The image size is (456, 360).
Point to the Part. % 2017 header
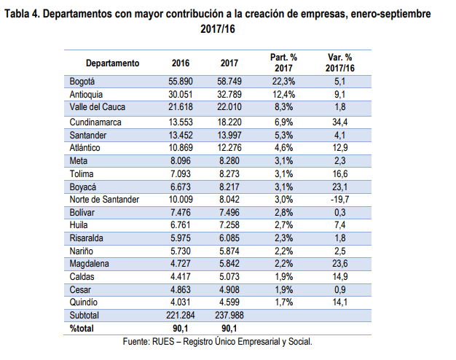[283, 63]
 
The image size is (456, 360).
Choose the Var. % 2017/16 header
[339, 63]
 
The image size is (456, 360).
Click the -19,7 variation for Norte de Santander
[339, 198]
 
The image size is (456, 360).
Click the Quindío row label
[84, 302]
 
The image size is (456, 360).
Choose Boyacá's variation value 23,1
[339, 186]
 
